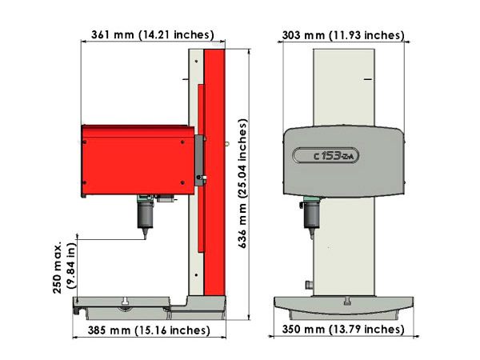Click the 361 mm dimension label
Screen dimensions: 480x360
tap(153, 34)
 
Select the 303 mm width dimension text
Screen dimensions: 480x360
tap(343, 35)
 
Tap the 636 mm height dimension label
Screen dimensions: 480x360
tap(242, 183)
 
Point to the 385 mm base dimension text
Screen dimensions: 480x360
tap(149, 330)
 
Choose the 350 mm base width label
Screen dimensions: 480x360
tap(343, 330)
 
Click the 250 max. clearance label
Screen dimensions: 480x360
tap(64, 267)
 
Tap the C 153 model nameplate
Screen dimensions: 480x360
tap(326, 155)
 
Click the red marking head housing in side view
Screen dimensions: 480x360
tap(138, 160)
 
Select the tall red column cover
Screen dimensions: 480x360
tap(214, 172)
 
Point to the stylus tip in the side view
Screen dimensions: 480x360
tap(145, 238)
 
